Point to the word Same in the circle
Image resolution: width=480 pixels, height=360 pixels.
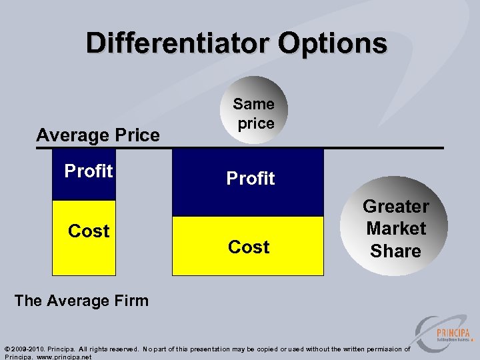(253, 104)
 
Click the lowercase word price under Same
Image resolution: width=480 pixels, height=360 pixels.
(256, 123)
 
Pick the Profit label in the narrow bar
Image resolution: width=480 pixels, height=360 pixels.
(89, 171)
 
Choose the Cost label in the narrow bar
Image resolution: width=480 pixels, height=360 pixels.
(89, 231)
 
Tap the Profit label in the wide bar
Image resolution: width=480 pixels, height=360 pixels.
(251, 179)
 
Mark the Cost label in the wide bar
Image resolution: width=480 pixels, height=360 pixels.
(249, 247)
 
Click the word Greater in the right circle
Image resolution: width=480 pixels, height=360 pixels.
(395, 207)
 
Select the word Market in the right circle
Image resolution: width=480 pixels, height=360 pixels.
(395, 229)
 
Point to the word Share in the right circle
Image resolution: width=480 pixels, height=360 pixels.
(395, 251)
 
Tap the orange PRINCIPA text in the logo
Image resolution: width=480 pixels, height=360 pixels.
(453, 333)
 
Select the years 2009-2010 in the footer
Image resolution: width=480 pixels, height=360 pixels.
(27, 349)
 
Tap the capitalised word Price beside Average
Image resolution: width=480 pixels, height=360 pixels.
(137, 135)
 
